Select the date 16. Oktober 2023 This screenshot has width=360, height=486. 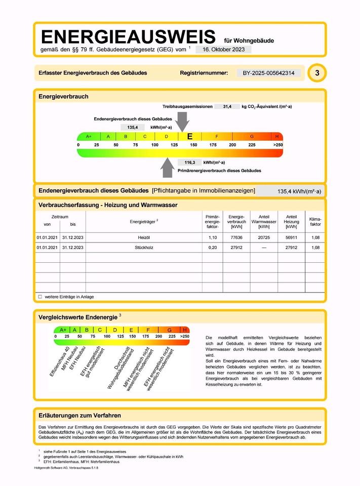(223, 50)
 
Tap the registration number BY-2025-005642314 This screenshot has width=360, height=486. (268, 73)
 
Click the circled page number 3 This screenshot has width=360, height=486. (317, 73)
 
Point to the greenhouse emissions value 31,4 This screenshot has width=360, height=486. (227, 107)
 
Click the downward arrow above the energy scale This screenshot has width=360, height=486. (183, 121)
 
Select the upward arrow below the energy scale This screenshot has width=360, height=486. (168, 168)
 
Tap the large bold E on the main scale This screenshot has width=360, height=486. (190, 136)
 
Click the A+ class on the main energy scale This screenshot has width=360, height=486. (89, 137)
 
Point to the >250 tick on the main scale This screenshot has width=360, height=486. (277, 145)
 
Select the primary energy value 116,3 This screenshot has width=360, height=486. (189, 163)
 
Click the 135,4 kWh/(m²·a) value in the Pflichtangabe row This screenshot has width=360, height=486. (299, 191)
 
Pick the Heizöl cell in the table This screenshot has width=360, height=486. (144, 237)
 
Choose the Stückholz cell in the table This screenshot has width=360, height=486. (144, 248)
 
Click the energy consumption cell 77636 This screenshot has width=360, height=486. (236, 237)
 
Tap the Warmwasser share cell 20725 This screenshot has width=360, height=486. (264, 237)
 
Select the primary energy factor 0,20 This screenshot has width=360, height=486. (212, 248)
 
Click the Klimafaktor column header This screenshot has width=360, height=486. (315, 221)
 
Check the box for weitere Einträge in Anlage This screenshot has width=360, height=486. (40, 297)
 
